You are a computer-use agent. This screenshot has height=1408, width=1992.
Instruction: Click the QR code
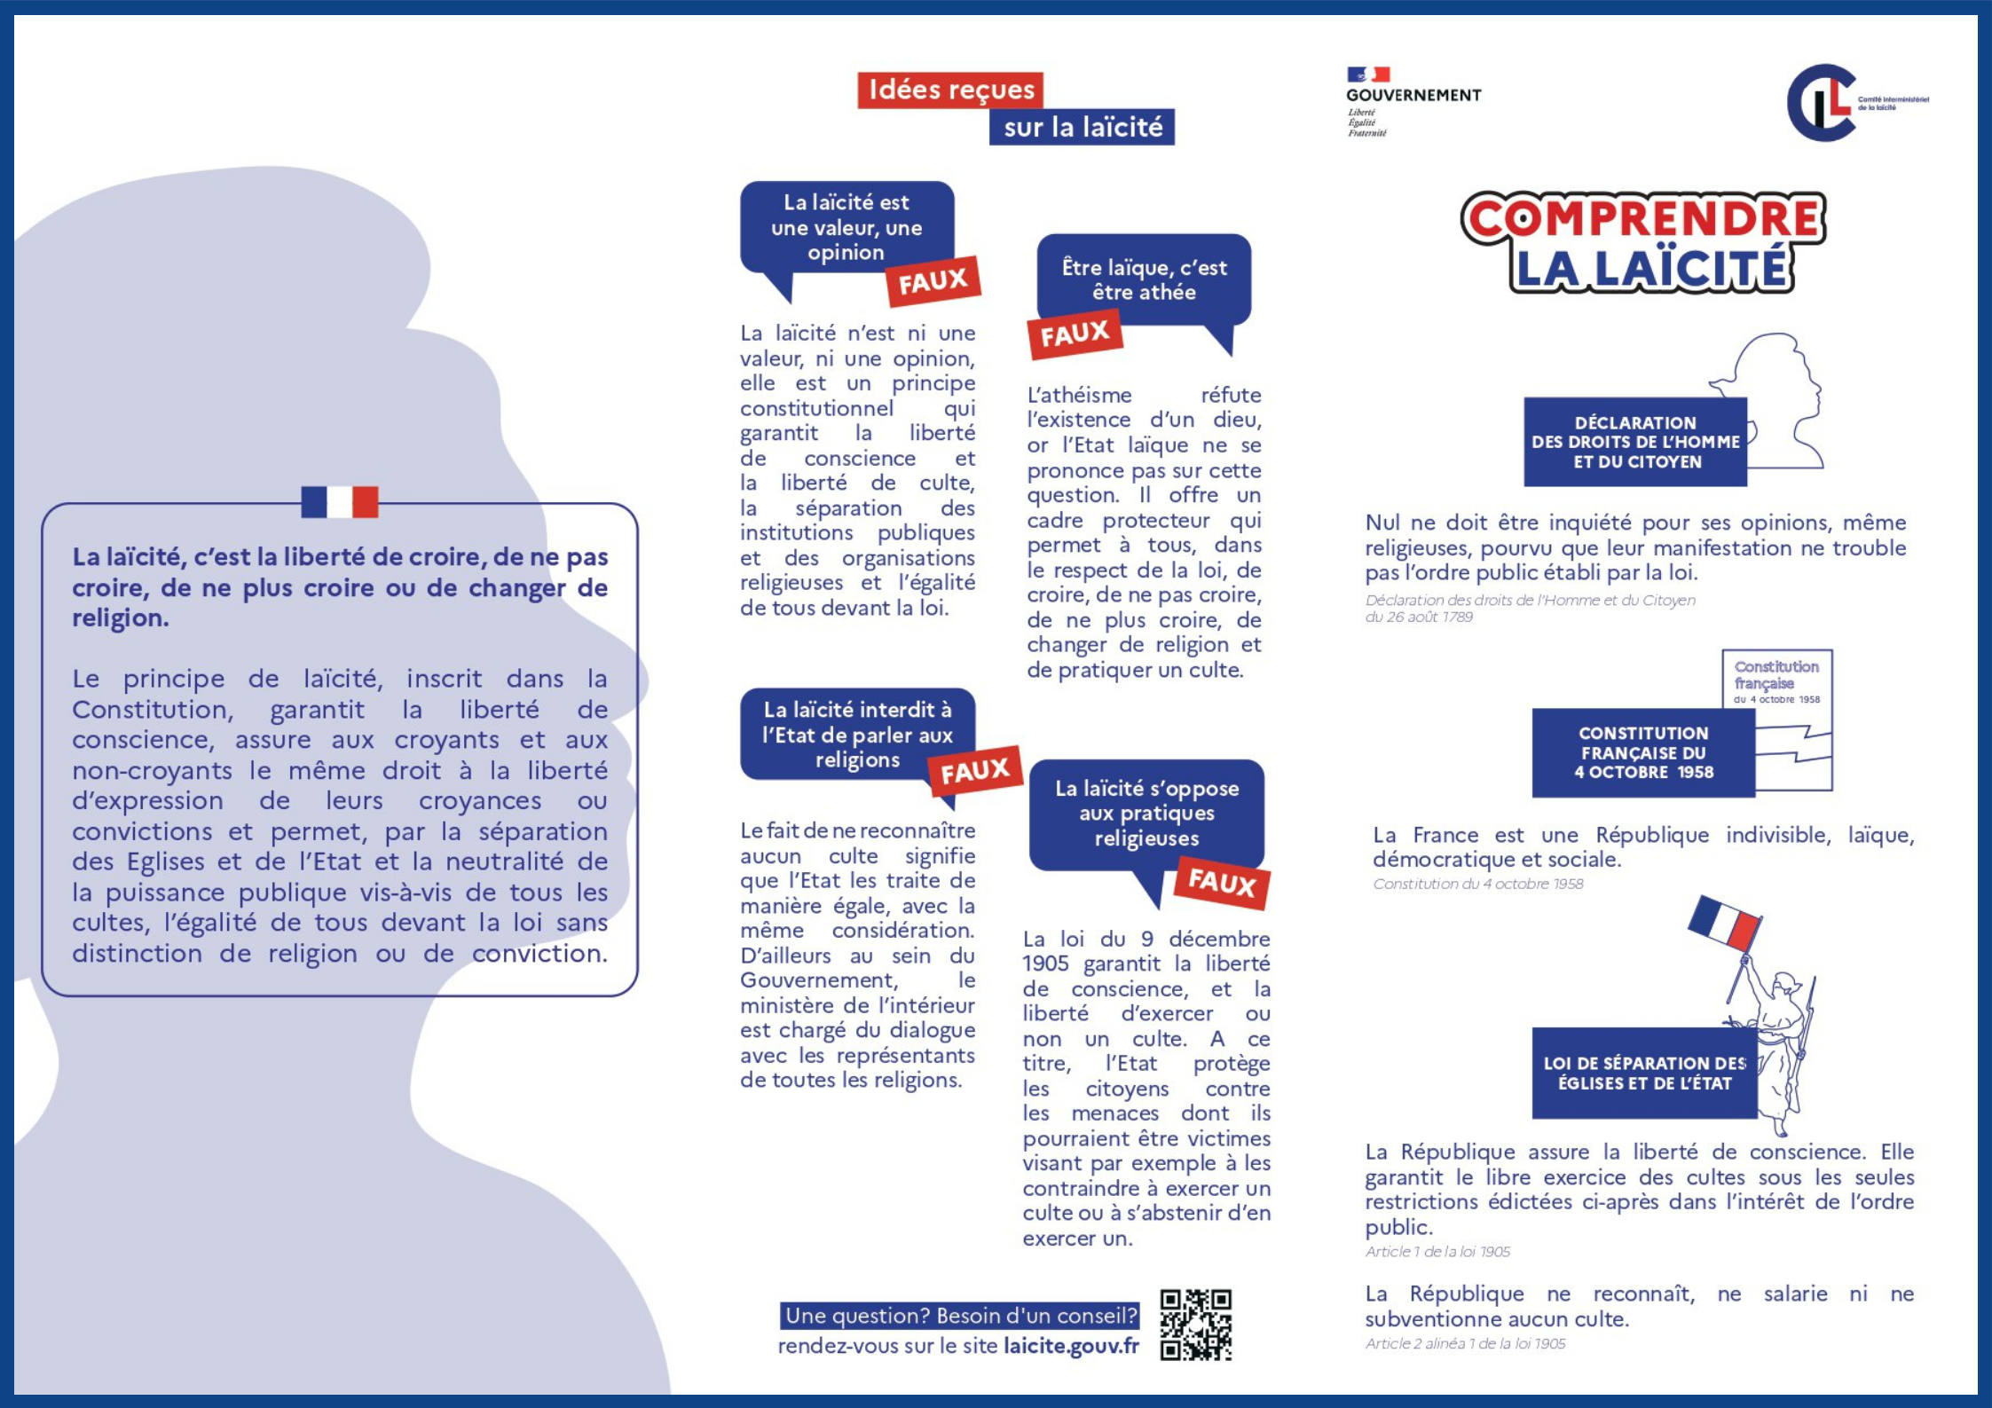1195,1324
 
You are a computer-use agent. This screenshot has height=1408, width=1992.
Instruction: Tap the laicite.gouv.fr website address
1071,1346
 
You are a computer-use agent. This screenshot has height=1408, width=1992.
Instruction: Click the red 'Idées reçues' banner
950,90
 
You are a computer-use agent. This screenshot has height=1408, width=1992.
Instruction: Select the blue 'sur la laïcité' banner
1082,127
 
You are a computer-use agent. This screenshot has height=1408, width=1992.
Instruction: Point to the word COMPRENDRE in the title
1642,218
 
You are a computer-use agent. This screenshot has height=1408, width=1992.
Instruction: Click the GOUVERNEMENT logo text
1413,95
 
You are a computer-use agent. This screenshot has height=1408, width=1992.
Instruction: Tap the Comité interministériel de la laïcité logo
1824,103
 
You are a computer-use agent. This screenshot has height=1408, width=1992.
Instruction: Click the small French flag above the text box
339,501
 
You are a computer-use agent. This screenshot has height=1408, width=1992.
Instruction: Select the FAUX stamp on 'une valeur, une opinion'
933,281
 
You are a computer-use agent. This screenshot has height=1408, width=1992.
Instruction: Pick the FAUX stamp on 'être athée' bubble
1075,334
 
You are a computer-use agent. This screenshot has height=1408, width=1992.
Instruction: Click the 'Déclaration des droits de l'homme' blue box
1634,442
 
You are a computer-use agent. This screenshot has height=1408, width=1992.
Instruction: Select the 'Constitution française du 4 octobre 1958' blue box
1643,752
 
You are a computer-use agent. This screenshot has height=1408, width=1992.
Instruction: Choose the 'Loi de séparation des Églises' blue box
1644,1073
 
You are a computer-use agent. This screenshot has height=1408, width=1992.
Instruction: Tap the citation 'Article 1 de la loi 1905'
1437,1252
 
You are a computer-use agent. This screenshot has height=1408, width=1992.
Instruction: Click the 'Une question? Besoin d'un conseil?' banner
960,1316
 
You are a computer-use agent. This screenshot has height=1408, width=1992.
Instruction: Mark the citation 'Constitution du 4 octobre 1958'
1477,884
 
